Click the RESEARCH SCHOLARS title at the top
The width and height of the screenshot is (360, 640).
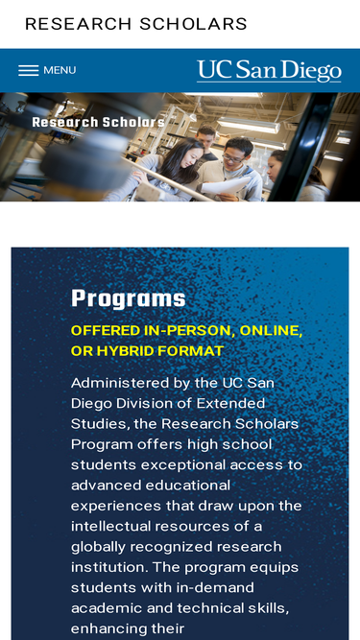[136, 24]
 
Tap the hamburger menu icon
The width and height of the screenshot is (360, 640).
[28, 71]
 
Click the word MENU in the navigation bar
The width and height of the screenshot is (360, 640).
[60, 71]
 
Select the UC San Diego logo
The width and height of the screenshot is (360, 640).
[269, 71]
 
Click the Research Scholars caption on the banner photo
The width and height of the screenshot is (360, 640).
[98, 122]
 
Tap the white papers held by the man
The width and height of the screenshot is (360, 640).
[226, 185]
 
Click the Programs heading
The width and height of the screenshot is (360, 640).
[129, 298]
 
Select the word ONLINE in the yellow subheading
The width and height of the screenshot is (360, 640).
[271, 331]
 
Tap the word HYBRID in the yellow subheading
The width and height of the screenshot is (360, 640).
[120, 351]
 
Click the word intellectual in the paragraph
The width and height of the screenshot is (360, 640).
[110, 526]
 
